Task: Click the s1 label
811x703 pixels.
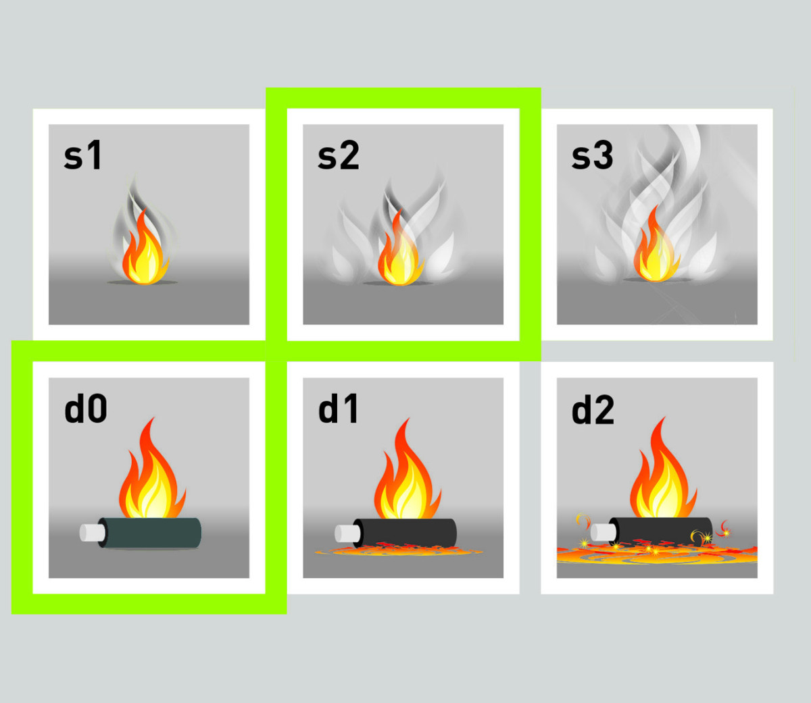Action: [x=83, y=155]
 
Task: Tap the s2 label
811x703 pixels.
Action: [x=338, y=155]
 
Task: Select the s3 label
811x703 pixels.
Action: [x=592, y=155]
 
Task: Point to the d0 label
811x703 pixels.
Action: [x=86, y=409]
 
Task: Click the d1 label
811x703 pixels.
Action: [x=338, y=409]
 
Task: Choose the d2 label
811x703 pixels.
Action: [x=593, y=409]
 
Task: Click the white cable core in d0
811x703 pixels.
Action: [x=93, y=533]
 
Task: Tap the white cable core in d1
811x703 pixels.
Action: [x=347, y=533]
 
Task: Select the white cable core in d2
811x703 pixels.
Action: [x=604, y=532]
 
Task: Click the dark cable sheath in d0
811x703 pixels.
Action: [x=150, y=533]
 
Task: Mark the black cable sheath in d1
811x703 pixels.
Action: [x=405, y=533]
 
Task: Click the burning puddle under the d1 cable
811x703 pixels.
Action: [x=398, y=550]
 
